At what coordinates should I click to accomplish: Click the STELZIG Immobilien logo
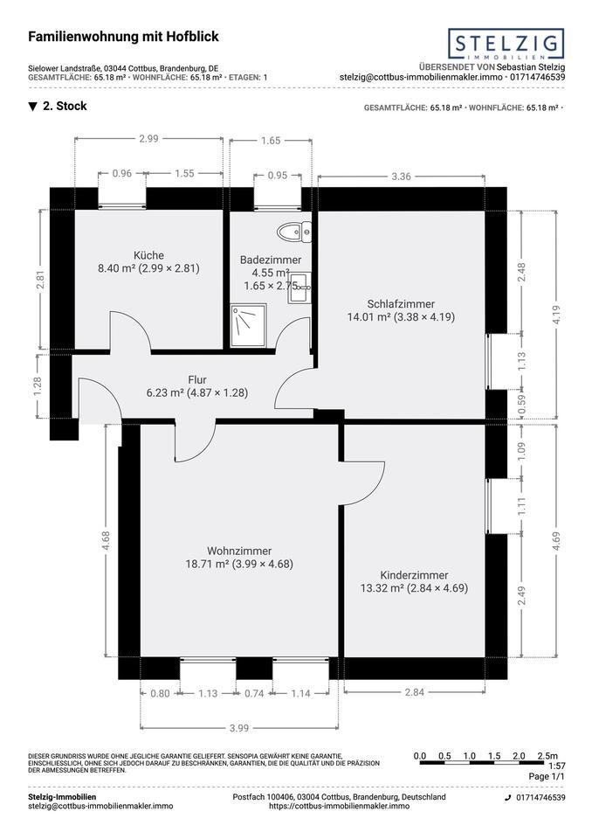pos(506,44)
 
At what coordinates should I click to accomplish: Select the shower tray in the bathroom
pos(249,326)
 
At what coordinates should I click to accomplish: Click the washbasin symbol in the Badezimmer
pos(299,288)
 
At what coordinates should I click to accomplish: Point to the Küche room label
pos(148,256)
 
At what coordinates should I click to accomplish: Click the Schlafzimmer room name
pos(401,304)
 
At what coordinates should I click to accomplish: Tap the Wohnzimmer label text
pos(239,551)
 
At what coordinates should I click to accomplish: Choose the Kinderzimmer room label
pos(414,576)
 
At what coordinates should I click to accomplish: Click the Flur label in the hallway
pos(197,380)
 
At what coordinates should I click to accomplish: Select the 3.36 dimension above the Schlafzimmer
pos(401,177)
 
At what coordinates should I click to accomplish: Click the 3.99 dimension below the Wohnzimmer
pos(239,728)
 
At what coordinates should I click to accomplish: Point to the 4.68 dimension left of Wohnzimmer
pos(106,540)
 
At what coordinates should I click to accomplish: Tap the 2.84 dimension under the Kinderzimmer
pos(415,692)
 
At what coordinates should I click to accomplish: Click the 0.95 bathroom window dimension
pos(278,176)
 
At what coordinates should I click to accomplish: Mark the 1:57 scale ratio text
pos(557,766)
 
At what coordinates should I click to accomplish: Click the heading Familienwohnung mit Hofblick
pos(123,37)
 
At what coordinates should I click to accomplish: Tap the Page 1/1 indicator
pos(547,776)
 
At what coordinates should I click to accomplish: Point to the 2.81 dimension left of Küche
pos(40,280)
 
